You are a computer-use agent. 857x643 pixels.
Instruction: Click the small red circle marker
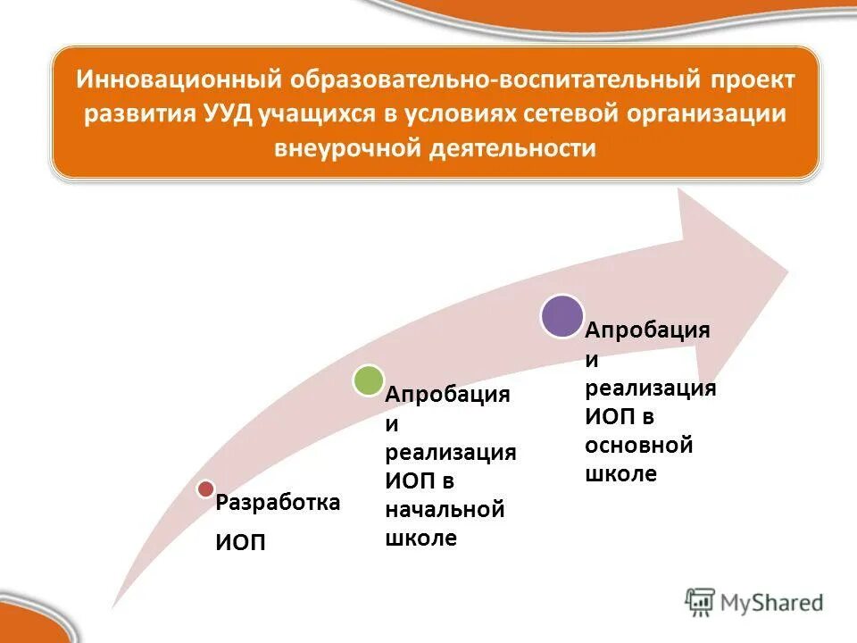[205, 489]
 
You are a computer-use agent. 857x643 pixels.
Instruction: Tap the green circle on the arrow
[368, 380]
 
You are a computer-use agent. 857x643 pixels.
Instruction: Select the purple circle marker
[562, 315]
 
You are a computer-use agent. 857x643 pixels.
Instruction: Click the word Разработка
[278, 503]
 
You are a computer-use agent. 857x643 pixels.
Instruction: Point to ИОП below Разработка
[240, 544]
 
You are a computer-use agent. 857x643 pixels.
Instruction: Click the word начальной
[445, 510]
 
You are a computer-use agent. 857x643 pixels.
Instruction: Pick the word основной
[638, 445]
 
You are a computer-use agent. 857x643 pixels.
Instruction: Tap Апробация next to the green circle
[447, 395]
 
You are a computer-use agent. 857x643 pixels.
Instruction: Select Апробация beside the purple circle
[647, 330]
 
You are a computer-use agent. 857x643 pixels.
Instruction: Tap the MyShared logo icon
[700, 602]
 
